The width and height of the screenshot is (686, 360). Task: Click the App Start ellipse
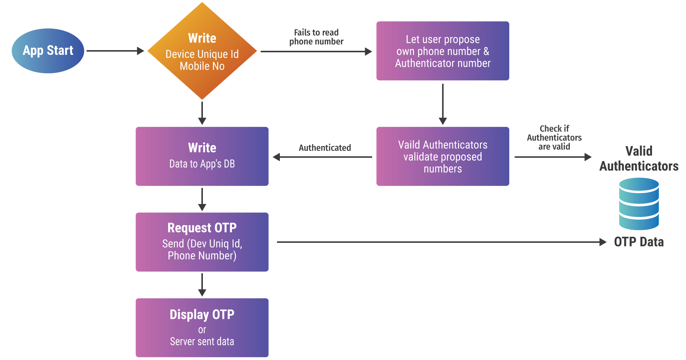pos(48,51)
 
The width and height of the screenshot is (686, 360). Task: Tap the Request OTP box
pos(202,242)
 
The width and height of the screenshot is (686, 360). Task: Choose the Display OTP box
pos(202,328)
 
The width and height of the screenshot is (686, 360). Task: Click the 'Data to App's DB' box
pos(202,156)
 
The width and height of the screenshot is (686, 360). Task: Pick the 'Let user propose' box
pos(442,51)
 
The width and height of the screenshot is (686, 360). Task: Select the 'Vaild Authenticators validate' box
pos(442,156)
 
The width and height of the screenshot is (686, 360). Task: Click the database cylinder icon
pos(639,204)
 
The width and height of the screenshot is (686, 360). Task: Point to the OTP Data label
pos(639,242)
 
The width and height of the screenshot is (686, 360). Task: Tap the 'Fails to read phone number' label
pos(316,37)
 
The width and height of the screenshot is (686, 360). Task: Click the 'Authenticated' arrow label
pos(325,148)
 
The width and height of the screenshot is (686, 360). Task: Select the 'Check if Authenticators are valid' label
pos(554,137)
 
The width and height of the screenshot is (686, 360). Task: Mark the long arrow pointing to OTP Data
pos(441,242)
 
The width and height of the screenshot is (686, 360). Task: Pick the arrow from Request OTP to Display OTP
pos(202,285)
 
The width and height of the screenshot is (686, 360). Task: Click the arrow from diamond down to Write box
pos(202,113)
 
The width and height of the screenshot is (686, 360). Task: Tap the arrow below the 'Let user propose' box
pos(443,104)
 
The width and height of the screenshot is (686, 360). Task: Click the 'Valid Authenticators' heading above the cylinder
pos(639,158)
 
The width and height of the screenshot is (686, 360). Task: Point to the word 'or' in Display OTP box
pos(202,330)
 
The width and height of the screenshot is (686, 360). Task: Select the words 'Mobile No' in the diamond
pos(202,66)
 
